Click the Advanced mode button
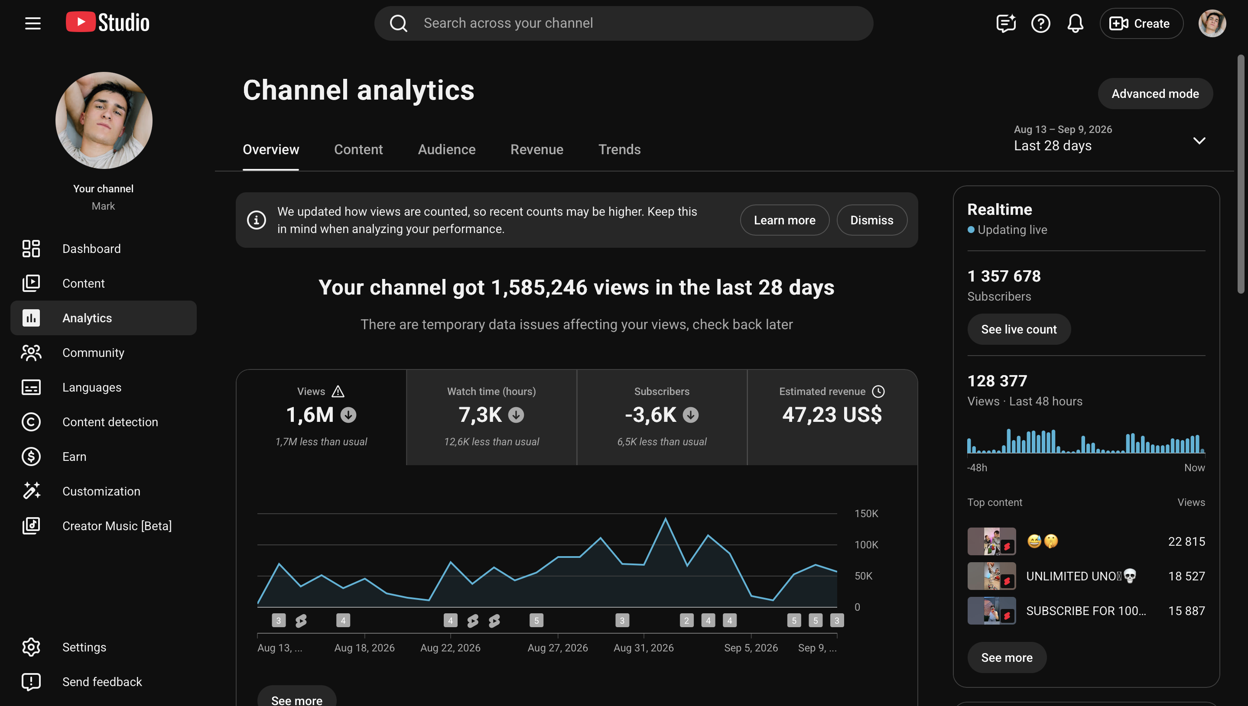tap(1155, 94)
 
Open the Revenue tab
tap(536, 149)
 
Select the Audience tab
tap(446, 149)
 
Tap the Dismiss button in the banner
tap(871, 220)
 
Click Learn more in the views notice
tap(784, 220)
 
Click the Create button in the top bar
tap(1141, 23)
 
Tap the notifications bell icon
tap(1076, 23)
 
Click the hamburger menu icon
tap(33, 23)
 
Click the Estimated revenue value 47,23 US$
tap(832, 415)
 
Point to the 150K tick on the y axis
tap(866, 514)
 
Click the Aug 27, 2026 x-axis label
tap(557, 648)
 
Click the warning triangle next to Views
tap(338, 391)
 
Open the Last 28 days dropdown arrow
tap(1199, 141)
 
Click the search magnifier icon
tap(399, 23)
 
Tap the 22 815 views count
tap(1186, 541)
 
